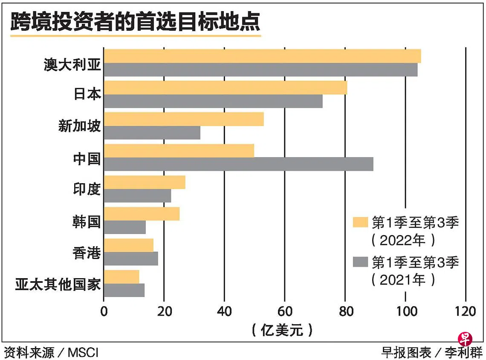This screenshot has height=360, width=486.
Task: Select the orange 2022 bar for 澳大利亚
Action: pos(262,56)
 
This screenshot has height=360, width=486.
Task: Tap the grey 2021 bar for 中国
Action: pos(238,164)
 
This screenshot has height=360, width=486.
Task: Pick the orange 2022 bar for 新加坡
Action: pos(184,119)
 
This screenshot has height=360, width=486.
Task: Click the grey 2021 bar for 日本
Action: pos(213,101)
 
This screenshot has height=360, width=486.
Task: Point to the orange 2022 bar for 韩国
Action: pos(142,214)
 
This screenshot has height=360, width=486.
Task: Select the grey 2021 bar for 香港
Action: pos(131,259)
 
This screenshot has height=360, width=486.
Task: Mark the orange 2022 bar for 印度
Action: pos(145,182)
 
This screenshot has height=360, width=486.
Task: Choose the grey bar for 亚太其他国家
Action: pos(124,290)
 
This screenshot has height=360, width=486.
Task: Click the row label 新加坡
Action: pos(80,126)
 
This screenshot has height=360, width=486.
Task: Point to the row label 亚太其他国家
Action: pos(58,284)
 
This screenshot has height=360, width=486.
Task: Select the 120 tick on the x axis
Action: pos(466,311)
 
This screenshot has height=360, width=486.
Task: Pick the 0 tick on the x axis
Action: pos(104,311)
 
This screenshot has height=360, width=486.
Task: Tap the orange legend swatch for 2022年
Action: pos(360,222)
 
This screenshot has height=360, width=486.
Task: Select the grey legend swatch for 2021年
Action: pos(360,262)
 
